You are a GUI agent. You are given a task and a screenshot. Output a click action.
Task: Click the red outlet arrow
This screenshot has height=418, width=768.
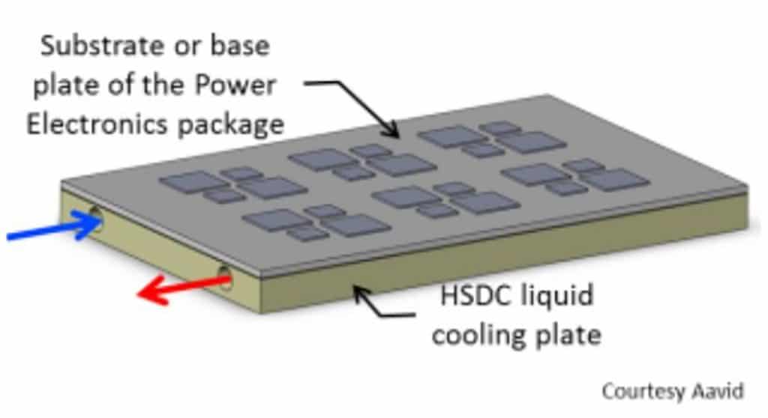pyautogui.click(x=184, y=289)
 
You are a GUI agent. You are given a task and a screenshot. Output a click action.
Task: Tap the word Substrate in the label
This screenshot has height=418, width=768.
pyautogui.click(x=100, y=46)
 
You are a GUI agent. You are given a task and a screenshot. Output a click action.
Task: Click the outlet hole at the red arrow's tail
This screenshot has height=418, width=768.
pyautogui.click(x=225, y=277)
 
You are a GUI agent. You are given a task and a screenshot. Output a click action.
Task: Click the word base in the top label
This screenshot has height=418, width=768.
pyautogui.click(x=240, y=46)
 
